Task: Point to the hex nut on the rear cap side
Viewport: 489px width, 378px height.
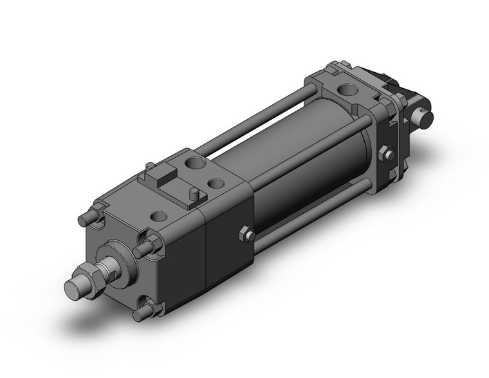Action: click(387, 155)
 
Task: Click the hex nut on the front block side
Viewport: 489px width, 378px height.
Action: click(246, 234)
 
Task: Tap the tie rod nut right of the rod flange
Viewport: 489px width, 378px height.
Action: click(145, 247)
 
